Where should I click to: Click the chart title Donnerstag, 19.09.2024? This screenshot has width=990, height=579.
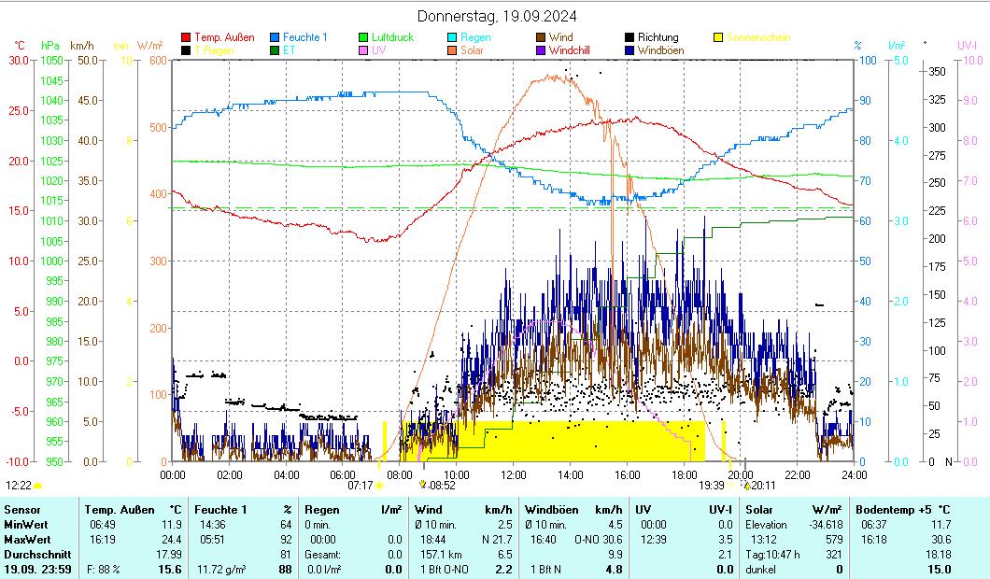coord(496,16)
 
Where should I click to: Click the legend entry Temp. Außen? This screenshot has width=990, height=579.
coord(224,37)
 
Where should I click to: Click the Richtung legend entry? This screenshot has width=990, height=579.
coord(658,37)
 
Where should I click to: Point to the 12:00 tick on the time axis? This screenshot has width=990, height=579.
coord(513,474)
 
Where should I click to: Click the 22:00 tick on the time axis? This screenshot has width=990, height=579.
coord(797,474)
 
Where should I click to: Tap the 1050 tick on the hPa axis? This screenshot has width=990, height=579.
coord(51,60)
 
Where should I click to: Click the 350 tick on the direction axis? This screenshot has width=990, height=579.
coord(938,72)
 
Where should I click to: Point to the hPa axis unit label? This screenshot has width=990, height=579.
coord(49,45)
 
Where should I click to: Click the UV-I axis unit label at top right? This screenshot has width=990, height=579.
coord(967,45)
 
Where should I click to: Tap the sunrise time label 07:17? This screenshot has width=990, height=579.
coord(361,486)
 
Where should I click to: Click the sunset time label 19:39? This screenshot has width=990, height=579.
coord(712,486)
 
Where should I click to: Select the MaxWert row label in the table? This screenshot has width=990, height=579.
coord(23,539)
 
